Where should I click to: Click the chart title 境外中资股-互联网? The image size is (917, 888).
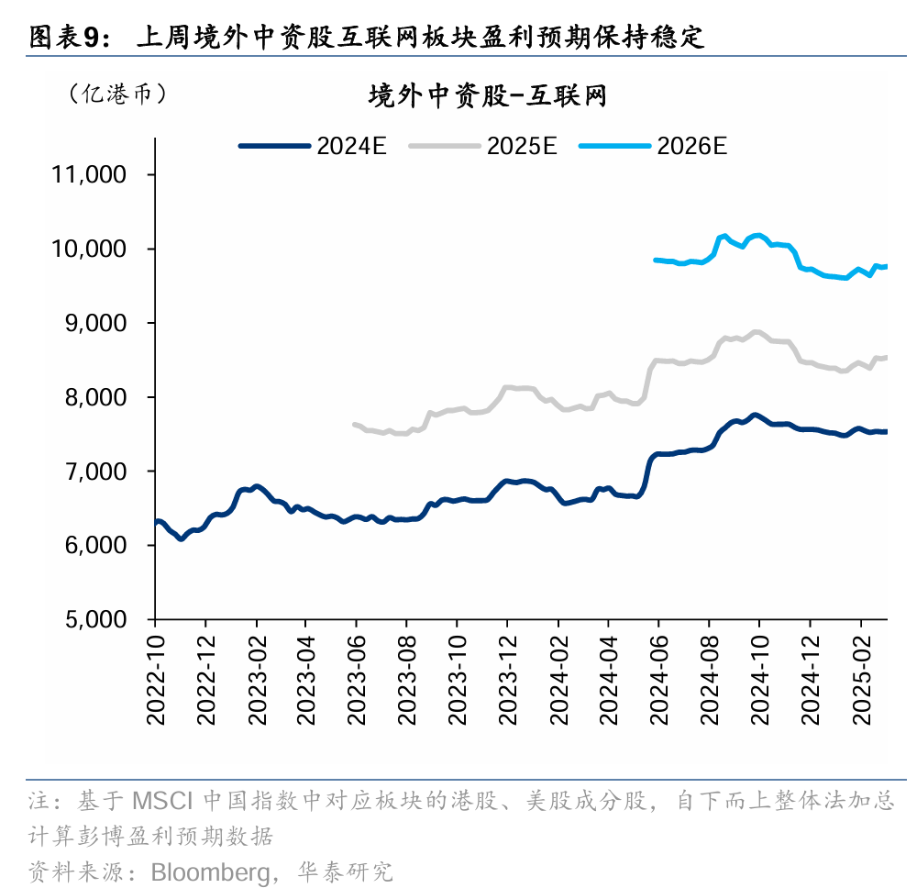coord(487,96)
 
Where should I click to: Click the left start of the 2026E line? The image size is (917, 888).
coord(655,260)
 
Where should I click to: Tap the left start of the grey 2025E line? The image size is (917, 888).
coord(355,424)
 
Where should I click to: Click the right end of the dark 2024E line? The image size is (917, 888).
coord(885,431)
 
